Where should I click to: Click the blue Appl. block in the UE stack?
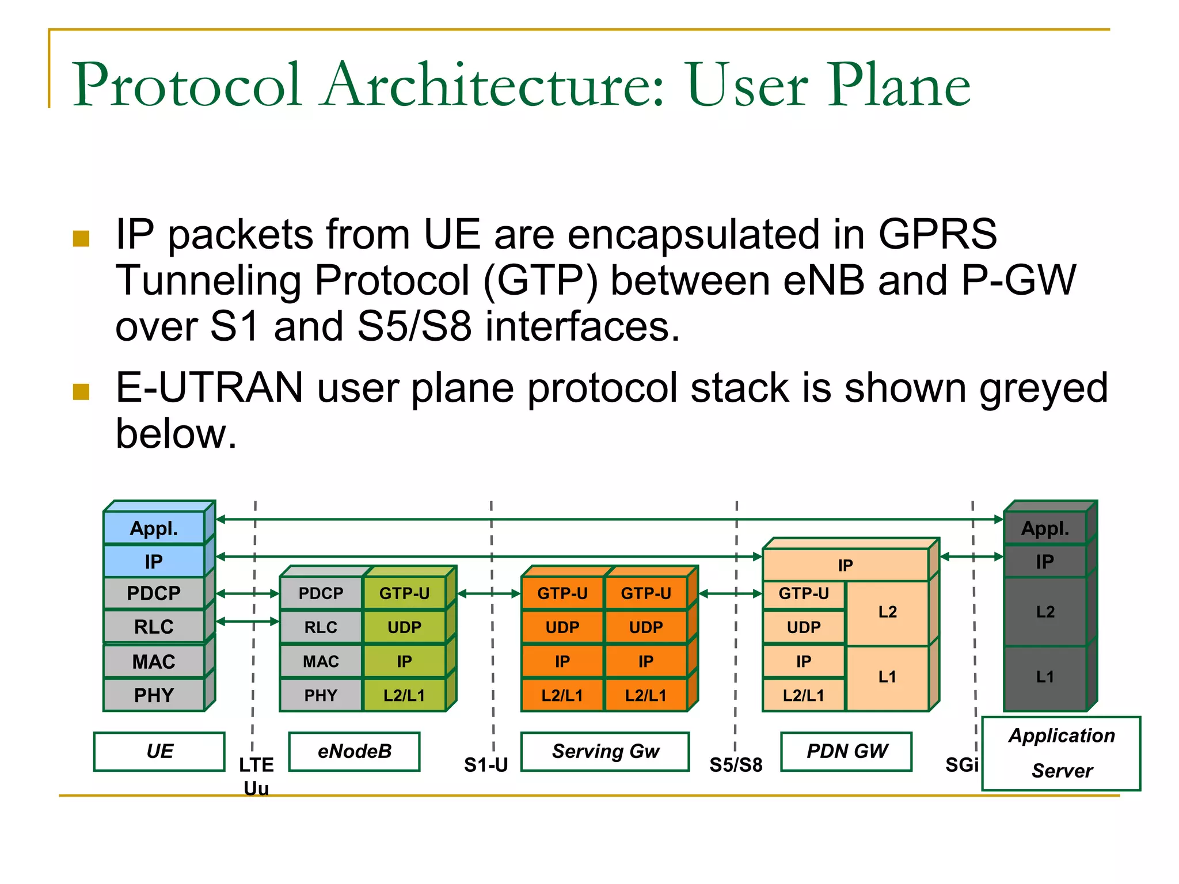[x=154, y=528]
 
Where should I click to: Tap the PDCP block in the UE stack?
[x=154, y=593]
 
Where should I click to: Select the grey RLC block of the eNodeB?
[x=321, y=627]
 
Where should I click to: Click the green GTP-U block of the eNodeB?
[x=404, y=593]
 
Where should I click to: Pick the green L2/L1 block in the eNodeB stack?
[x=404, y=695]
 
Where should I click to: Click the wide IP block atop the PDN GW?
[x=845, y=565]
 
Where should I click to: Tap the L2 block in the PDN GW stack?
[x=887, y=612]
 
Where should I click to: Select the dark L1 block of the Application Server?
[x=1045, y=677]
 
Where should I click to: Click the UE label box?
[x=159, y=751]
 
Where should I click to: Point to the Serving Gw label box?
[x=605, y=751]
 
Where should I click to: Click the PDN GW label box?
[x=847, y=751]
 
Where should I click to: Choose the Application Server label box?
[x=1062, y=753]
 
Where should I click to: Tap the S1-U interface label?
[x=486, y=765]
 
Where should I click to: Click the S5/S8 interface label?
[x=736, y=765]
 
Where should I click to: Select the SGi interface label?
[x=962, y=765]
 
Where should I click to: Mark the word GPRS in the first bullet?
[x=937, y=234]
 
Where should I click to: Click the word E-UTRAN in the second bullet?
[x=210, y=388]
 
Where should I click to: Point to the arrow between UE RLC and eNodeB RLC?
[x=248, y=621]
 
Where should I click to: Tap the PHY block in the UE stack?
[x=154, y=695]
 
